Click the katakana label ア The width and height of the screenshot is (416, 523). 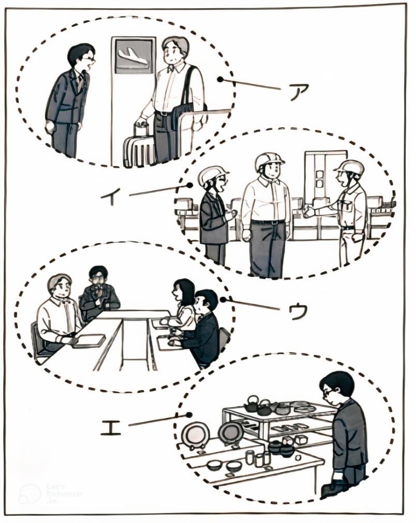(299, 91)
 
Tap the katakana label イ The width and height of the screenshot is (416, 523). (111, 196)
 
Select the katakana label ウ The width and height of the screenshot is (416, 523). (298, 312)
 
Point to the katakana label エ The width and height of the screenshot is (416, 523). (111, 428)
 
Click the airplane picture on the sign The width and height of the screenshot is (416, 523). (133, 56)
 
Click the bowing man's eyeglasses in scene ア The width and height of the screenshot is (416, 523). (90, 59)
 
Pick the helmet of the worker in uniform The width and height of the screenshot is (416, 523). (349, 167)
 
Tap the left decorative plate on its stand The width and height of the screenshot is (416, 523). (196, 435)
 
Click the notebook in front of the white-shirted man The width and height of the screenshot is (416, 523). (89, 341)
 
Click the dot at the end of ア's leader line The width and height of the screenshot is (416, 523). (220, 80)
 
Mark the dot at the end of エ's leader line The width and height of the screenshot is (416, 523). (189, 415)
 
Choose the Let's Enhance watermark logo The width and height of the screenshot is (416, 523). (50, 494)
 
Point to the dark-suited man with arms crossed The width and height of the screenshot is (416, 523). (99, 294)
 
